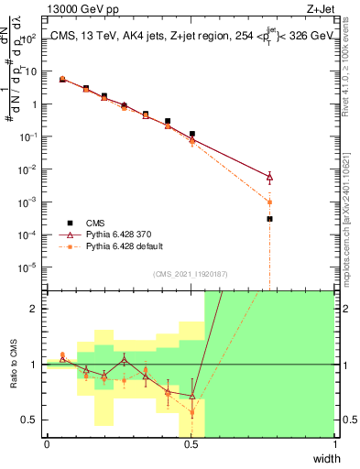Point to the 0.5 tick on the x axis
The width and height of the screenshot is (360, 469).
click(191, 444)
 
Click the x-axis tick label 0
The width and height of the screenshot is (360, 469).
click(47, 444)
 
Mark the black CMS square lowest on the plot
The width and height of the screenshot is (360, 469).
click(269, 219)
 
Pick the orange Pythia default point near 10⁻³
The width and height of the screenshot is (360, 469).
click(269, 202)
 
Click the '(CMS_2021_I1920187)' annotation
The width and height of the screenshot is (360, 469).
click(190, 274)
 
